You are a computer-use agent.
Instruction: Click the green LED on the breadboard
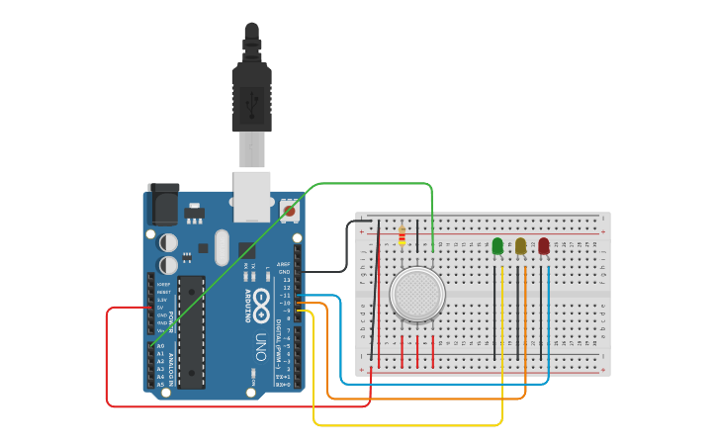[497, 245]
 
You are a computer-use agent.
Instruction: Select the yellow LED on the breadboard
[520, 245]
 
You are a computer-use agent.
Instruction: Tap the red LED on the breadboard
[544, 245]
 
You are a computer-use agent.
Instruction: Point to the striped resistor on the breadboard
[402, 235]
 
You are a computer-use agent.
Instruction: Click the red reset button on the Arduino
[289, 210]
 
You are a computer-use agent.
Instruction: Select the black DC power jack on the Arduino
[163, 205]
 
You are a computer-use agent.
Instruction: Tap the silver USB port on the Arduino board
[251, 195]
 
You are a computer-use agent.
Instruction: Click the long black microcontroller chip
[192, 331]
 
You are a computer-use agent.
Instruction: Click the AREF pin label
[284, 264]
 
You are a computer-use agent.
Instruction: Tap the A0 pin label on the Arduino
[160, 347]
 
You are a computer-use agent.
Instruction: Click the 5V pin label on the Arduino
[160, 307]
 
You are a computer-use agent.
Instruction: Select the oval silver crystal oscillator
[220, 247]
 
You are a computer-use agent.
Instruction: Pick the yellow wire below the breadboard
[405, 425]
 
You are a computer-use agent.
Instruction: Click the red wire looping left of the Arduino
[107, 356]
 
